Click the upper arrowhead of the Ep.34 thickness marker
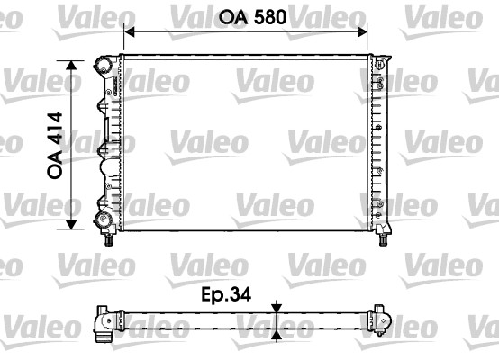(x=277, y=307)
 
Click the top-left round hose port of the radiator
(x=102, y=65)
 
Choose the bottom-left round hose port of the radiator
(x=101, y=220)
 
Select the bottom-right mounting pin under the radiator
(x=383, y=240)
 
